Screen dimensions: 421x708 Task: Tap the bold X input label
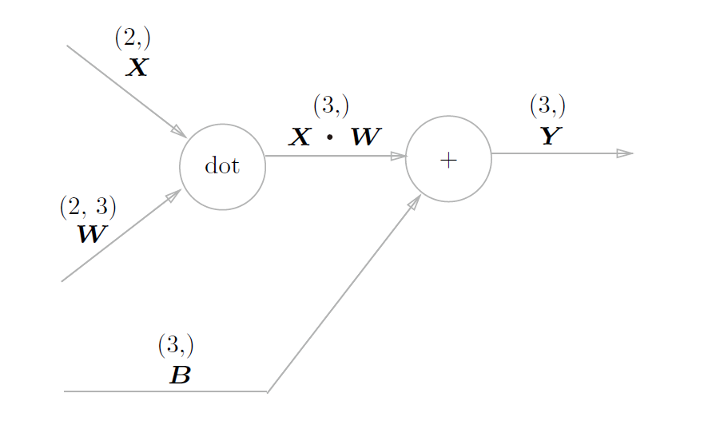(137, 67)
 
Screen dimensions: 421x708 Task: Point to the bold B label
(180, 375)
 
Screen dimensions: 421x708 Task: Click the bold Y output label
(550, 135)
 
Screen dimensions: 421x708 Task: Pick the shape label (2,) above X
(133, 38)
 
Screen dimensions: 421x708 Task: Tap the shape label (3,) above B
(176, 345)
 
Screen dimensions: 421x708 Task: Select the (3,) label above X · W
(331, 105)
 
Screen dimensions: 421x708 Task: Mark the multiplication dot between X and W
(329, 137)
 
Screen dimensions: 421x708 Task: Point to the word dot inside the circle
(223, 166)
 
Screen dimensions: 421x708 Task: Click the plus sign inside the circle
(448, 160)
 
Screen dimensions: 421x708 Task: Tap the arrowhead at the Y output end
(625, 153)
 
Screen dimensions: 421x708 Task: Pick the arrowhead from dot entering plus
(398, 157)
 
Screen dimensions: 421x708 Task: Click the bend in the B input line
(267, 391)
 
